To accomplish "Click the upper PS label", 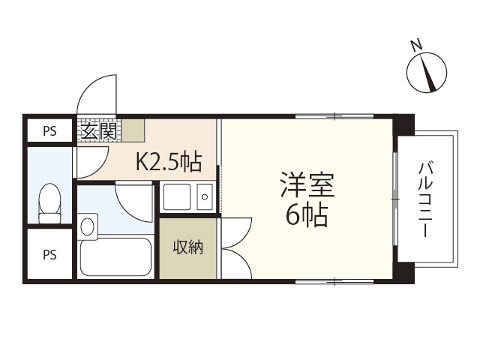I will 49,131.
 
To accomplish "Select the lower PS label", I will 49,254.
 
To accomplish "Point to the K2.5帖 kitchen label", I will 168,160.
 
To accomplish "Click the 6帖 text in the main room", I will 307,216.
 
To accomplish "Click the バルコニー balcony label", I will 427,198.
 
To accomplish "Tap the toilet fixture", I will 49,203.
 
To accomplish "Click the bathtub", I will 116,256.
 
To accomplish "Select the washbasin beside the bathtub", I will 87,225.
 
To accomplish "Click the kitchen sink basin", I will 177,197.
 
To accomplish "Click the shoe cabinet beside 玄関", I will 133,130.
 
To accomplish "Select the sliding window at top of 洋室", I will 334,116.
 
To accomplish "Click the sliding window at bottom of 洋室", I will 334,281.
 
